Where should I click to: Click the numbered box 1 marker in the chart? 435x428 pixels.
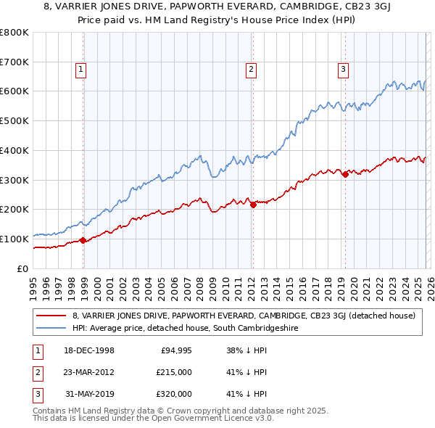click(80, 70)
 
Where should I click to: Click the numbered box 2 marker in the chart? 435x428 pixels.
click(251, 70)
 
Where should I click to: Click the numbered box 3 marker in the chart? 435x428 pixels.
click(343, 70)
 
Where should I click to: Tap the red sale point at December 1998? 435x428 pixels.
click(83, 240)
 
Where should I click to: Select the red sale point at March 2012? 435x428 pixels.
click(253, 205)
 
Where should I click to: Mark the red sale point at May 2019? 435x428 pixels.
click(345, 173)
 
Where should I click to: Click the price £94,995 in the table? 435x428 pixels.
click(176, 350)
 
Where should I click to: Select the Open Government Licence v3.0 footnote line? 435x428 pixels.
click(154, 419)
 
